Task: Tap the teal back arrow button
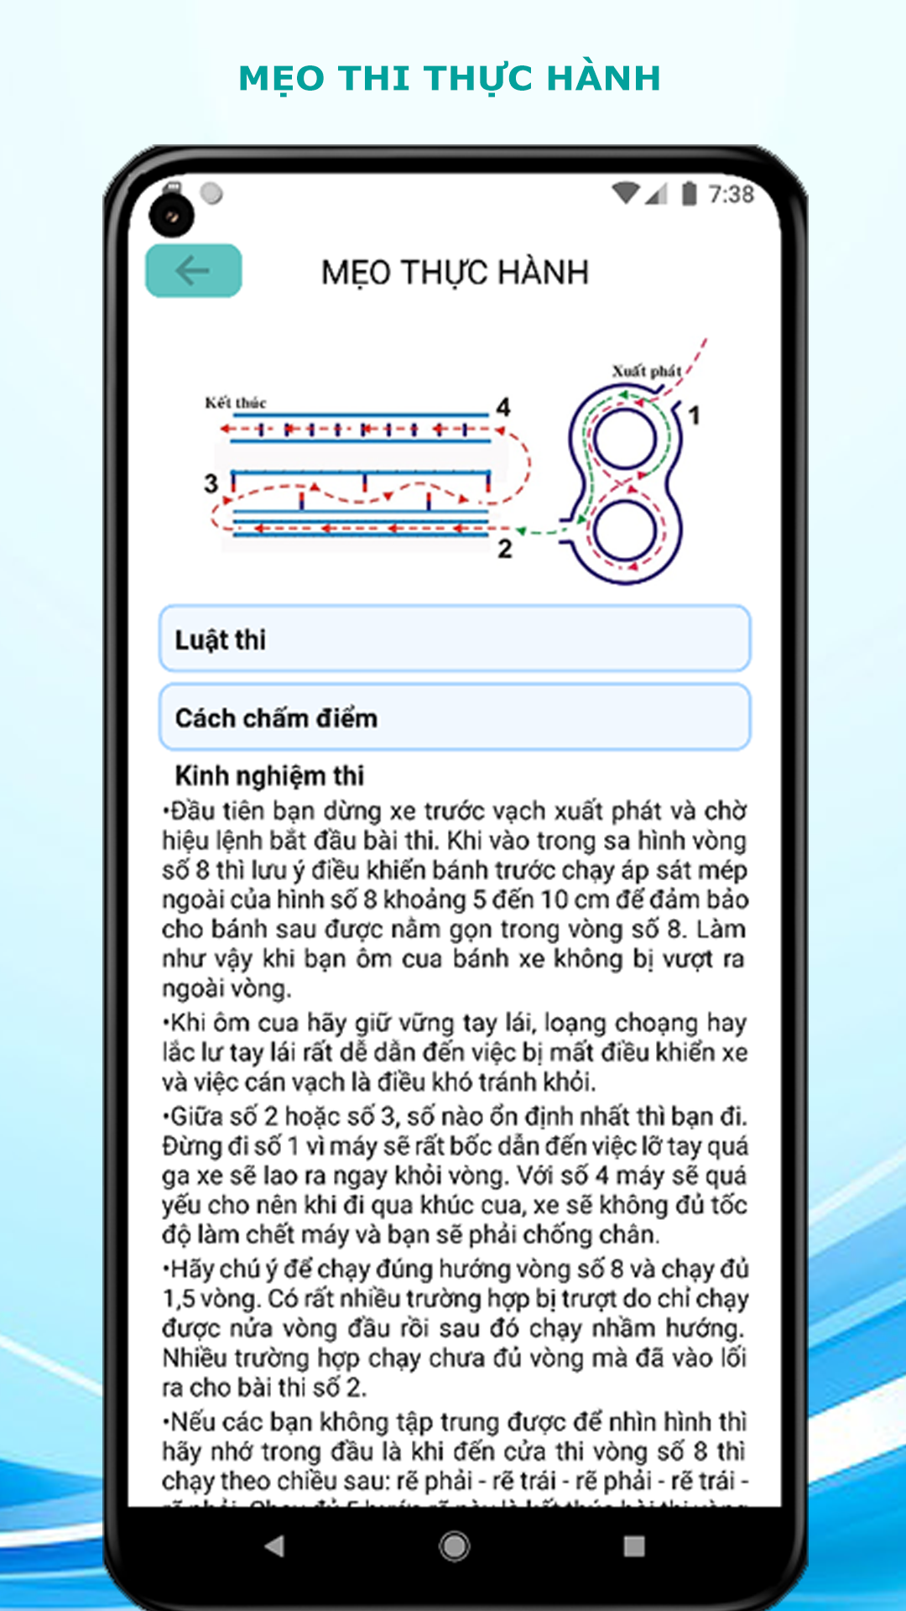194,271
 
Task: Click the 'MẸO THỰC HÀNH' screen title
455,273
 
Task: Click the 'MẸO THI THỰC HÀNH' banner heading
450,78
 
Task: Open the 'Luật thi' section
455,639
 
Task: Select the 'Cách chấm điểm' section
455,717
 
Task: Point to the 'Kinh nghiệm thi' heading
269,775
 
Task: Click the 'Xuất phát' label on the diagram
646,371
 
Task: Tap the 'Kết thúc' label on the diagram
236,403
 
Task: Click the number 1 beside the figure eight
694,415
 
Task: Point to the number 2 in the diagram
504,549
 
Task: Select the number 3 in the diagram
211,483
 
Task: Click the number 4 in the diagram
502,407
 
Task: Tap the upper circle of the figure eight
624,439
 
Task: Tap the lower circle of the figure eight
626,530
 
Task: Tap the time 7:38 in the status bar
731,195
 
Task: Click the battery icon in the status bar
689,194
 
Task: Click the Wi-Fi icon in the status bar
626,193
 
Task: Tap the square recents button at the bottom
635,1546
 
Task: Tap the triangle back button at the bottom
274,1546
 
